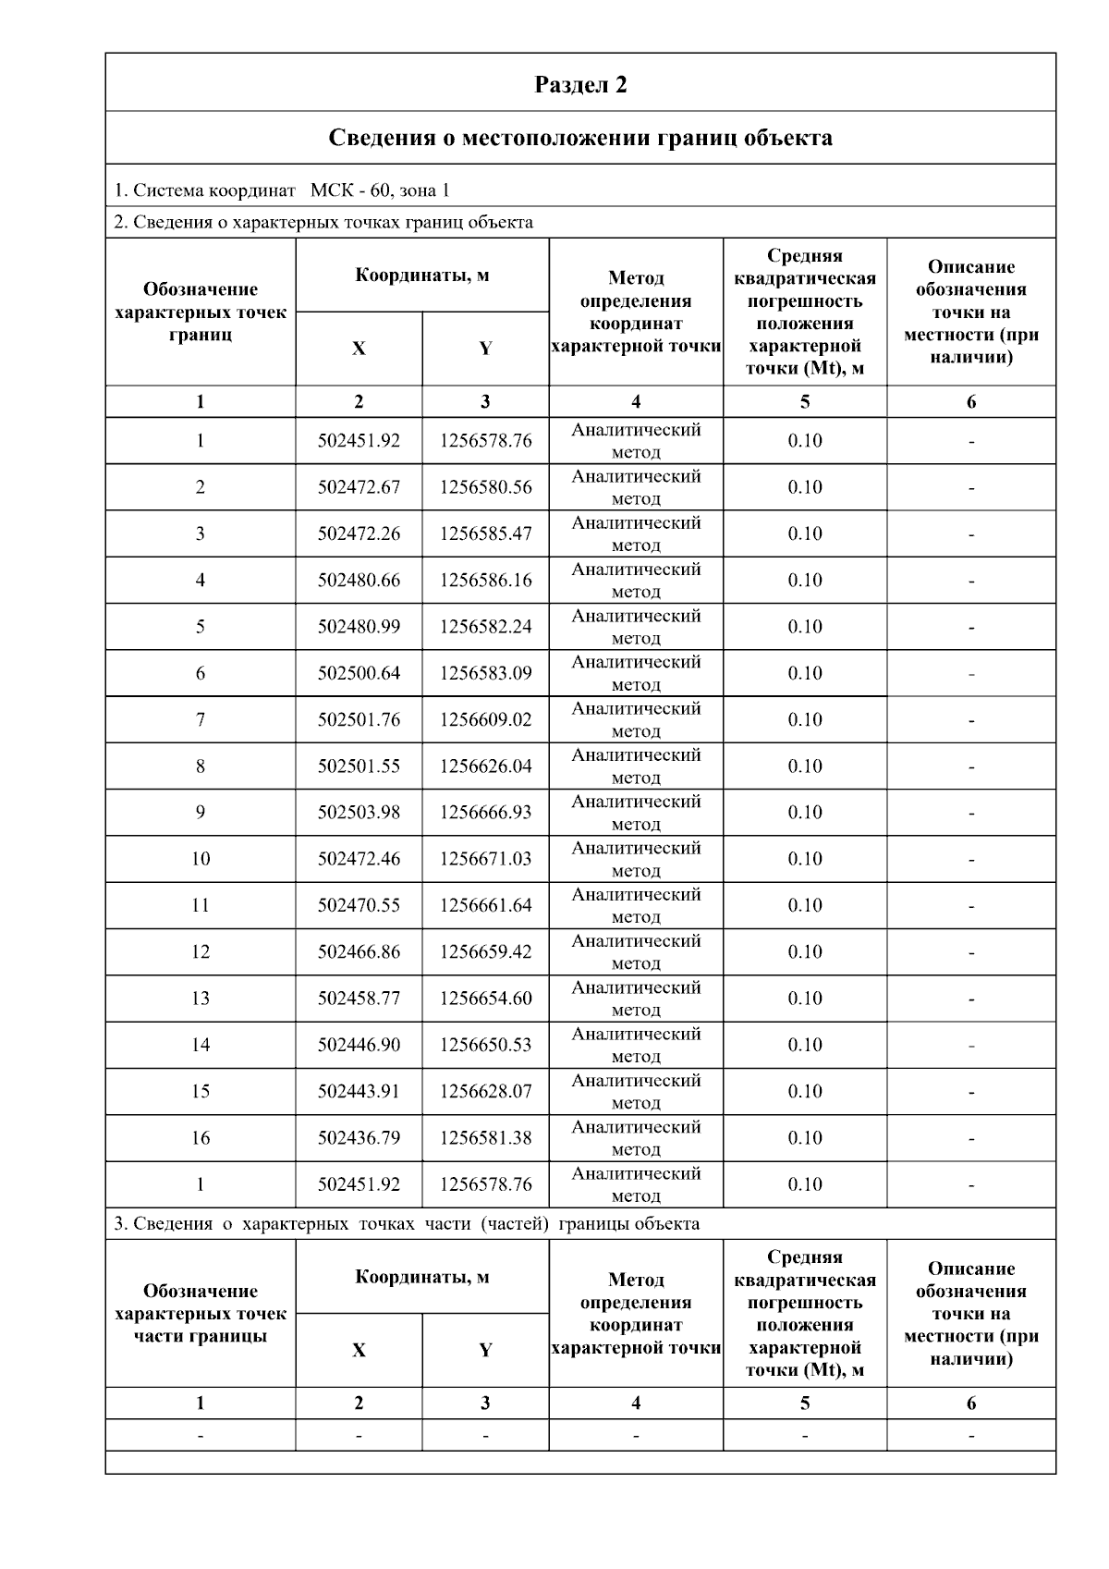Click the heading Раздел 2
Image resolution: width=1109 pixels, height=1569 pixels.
click(x=580, y=85)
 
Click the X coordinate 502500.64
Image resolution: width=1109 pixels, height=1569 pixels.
click(x=359, y=673)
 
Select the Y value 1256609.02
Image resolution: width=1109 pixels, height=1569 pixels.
click(x=485, y=719)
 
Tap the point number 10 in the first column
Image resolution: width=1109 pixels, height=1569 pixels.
click(x=201, y=859)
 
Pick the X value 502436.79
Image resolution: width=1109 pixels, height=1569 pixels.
click(x=359, y=1138)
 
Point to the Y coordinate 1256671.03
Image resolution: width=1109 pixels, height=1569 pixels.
click(x=485, y=859)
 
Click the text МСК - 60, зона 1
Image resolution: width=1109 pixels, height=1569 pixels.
click(x=380, y=191)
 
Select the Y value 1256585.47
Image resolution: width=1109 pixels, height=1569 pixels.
click(x=485, y=533)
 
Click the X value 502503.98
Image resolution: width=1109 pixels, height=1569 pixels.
click(x=359, y=813)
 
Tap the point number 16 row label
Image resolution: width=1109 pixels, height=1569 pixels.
click(x=201, y=1138)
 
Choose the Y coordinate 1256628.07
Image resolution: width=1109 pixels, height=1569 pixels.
click(x=485, y=1091)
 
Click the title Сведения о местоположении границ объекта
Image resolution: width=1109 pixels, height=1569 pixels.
click(x=580, y=139)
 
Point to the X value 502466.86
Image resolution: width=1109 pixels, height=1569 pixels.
click(x=359, y=951)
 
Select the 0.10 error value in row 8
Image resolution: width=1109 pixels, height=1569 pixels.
click(x=804, y=766)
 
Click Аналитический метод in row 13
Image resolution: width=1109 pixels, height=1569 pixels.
click(x=636, y=999)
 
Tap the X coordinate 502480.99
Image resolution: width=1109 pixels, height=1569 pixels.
click(x=359, y=627)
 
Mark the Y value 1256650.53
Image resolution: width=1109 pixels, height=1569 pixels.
click(x=485, y=1045)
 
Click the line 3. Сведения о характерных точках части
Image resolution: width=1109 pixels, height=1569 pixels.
click(x=407, y=1224)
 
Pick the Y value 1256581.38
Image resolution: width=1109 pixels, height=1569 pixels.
click(x=485, y=1138)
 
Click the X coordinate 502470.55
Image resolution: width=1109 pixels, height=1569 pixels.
click(x=359, y=905)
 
